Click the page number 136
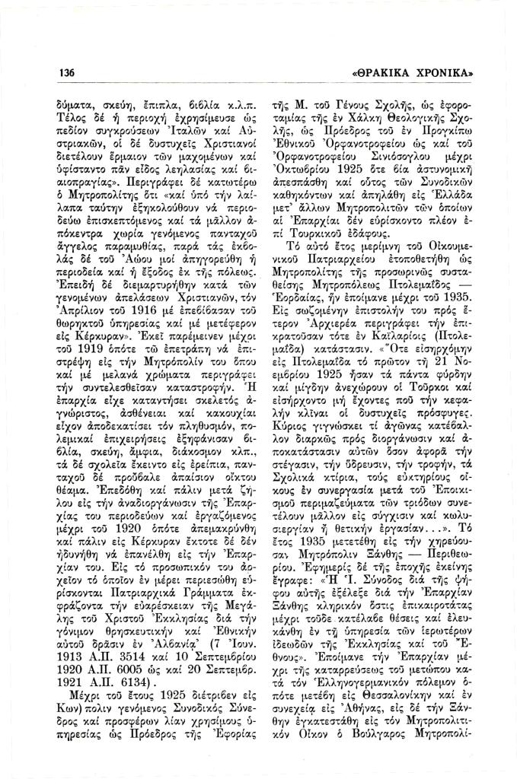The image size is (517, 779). click(67, 73)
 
